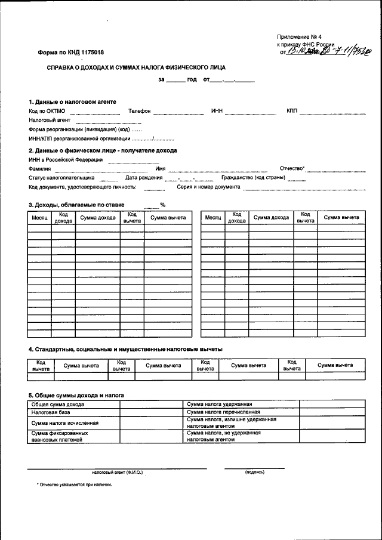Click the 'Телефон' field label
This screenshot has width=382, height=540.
(139, 112)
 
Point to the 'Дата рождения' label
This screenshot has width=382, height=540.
(144, 178)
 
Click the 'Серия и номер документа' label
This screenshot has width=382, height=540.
(208, 187)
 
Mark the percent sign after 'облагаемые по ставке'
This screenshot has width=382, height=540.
(162, 205)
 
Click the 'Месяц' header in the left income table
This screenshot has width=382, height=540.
(40, 218)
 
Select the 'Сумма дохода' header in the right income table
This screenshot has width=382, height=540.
(271, 218)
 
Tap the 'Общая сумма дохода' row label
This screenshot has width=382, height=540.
(58, 404)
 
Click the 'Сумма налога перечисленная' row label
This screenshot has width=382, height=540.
(223, 412)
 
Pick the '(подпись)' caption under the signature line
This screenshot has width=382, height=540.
(255, 473)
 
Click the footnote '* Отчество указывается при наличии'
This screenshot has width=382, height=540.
(74, 485)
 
